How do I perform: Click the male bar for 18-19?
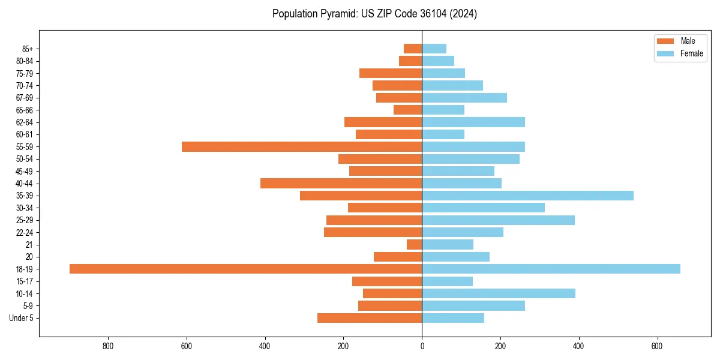tap(245, 269)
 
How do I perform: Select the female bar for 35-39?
tap(527, 196)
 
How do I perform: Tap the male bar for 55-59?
tap(302, 146)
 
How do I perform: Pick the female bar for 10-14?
tap(499, 293)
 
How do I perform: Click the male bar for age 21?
tap(414, 244)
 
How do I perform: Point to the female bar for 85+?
tap(434, 49)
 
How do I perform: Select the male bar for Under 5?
tap(370, 318)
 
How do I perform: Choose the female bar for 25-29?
tap(498, 220)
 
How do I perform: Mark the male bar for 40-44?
tap(341, 183)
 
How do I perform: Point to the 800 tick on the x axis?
tap(108, 346)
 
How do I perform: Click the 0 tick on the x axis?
tap(422, 346)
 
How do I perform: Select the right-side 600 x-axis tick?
tap(657, 346)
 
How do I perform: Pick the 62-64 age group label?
tap(25, 122)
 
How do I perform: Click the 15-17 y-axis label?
tap(25, 281)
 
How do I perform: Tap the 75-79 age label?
tap(25, 73)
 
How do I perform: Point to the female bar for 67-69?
tap(464, 98)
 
